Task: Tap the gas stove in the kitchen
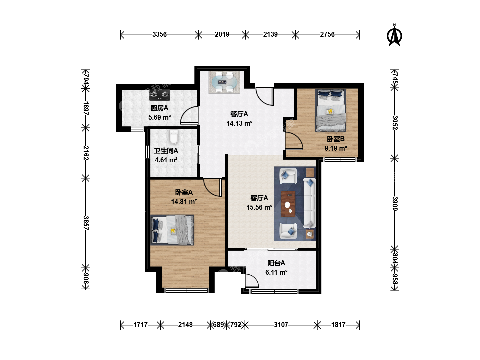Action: coord(159,95)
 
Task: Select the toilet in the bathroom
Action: coord(174,137)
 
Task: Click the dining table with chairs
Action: coord(224,82)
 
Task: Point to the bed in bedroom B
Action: coord(331,110)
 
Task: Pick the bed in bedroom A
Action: coord(172,230)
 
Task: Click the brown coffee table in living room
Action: coord(288,204)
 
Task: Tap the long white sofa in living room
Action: coord(309,203)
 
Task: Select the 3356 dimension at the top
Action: coord(159,34)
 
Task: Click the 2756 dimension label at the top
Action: coord(327,34)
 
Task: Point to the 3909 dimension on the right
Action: coord(395,203)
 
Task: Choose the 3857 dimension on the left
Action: coord(86,223)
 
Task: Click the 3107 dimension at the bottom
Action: coord(281,325)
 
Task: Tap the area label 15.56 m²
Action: coord(259,207)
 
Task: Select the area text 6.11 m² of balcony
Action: coord(276,272)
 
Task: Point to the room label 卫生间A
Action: coord(166,151)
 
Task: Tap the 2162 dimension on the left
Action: coord(86,153)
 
